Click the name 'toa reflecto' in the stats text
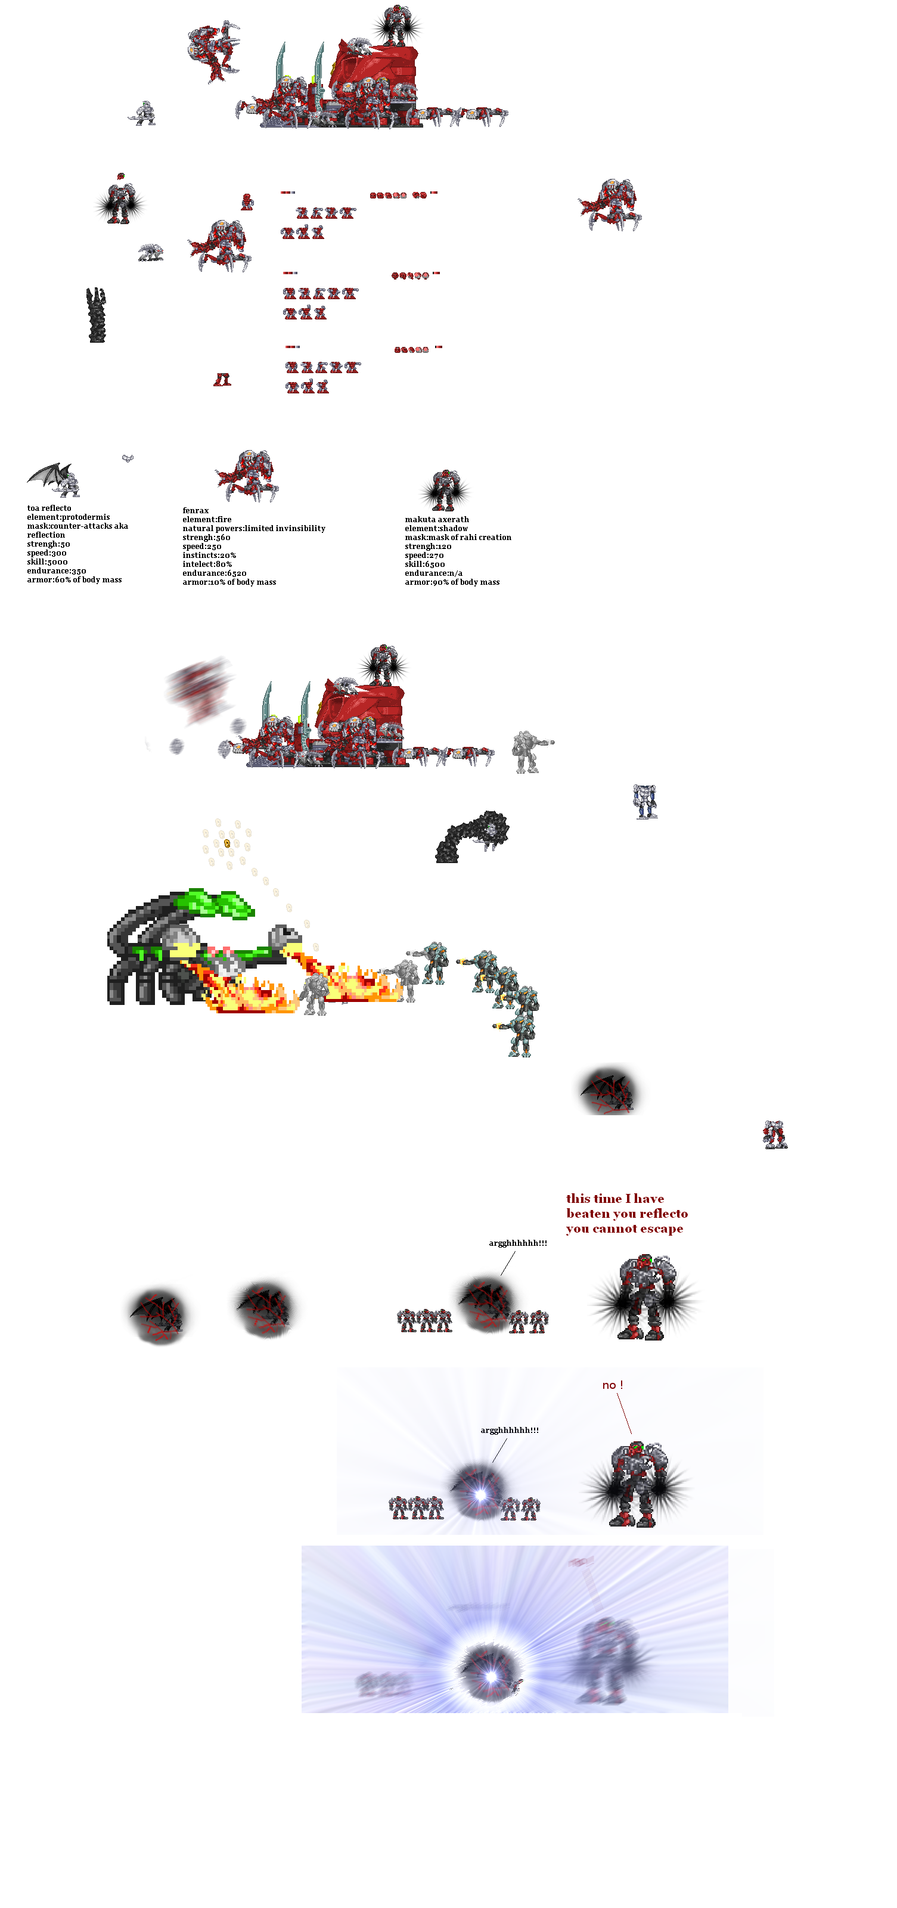[x=49, y=508]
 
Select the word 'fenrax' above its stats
[x=195, y=510]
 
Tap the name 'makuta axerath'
[x=436, y=519]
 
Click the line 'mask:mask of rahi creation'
[x=457, y=537]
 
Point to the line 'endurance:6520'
[x=214, y=573]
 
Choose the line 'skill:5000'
[x=46, y=561]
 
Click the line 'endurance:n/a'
[x=433, y=573]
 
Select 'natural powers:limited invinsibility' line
[x=253, y=528]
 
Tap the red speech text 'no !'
[x=612, y=1384]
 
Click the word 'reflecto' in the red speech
[x=662, y=1213]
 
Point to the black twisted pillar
[x=97, y=315]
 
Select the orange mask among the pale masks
[x=226, y=843]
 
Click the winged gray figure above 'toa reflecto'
[x=55, y=479]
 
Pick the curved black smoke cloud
[x=472, y=836]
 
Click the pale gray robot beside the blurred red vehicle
[x=529, y=751]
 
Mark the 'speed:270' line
[x=424, y=555]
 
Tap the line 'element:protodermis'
[x=68, y=517]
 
